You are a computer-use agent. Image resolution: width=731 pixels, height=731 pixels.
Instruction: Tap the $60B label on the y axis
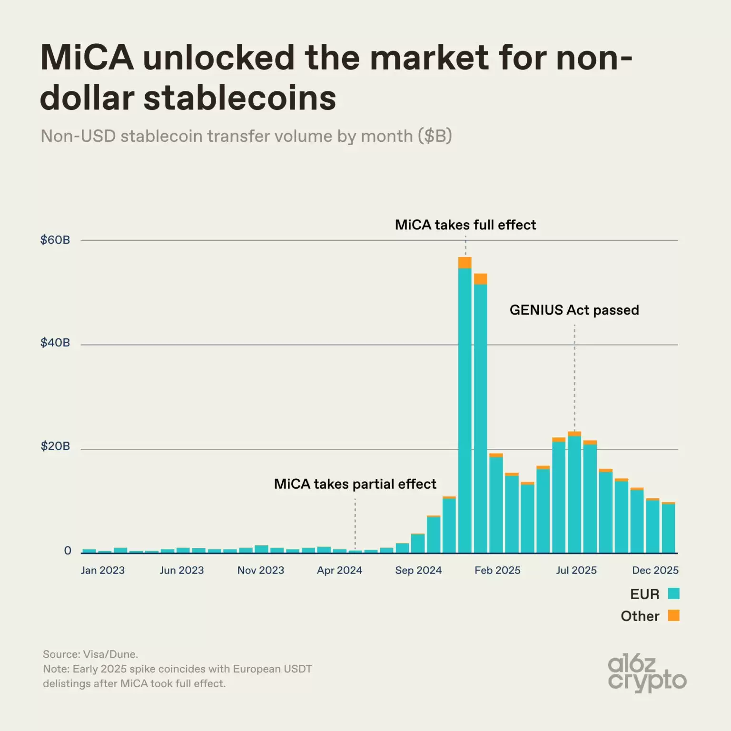click(55, 240)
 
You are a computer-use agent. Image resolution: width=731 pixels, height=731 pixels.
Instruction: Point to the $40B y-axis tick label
click(55, 343)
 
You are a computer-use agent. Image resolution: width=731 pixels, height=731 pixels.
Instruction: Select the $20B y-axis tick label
click(55, 446)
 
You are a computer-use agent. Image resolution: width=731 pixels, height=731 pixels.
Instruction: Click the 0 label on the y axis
click(68, 551)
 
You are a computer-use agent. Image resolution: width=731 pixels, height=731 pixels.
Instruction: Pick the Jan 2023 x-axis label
click(103, 570)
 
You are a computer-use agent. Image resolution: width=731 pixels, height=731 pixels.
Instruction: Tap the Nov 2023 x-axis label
click(261, 570)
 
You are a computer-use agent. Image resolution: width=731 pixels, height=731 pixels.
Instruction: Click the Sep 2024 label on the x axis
click(418, 570)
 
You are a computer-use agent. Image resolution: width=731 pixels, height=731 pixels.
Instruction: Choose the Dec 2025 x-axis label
click(655, 570)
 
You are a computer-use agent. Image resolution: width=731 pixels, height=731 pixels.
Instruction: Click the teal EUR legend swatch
click(673, 593)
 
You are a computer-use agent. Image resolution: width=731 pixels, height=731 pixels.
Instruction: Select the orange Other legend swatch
click(673, 615)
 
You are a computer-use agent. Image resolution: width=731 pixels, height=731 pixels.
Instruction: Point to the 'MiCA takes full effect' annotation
click(465, 225)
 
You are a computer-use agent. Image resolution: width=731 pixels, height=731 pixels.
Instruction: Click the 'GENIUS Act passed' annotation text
click(574, 310)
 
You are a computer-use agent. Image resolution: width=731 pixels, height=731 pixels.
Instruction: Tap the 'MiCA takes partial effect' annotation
click(355, 484)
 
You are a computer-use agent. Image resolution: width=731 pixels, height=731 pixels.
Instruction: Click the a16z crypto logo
click(647, 673)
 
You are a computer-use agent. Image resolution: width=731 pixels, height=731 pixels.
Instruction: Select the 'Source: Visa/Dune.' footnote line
click(90, 654)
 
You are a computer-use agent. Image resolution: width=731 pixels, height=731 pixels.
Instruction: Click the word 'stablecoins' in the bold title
click(240, 98)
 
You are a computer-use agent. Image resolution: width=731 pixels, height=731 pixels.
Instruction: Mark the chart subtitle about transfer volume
click(246, 136)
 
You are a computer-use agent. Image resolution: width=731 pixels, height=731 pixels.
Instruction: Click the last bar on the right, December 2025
click(668, 528)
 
